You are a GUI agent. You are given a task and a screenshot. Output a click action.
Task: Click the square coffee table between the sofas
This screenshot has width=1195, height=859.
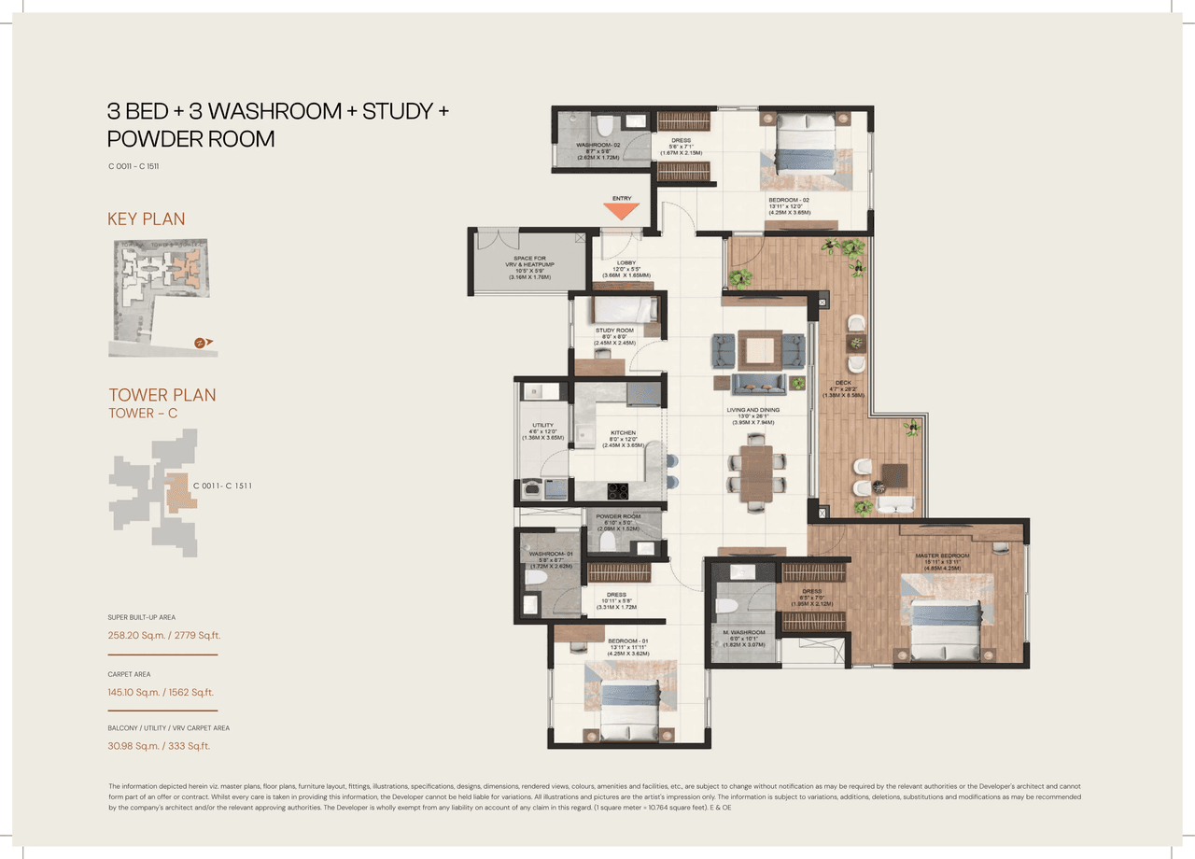click(757, 350)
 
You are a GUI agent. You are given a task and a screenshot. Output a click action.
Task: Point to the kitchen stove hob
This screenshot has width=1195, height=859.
click(619, 489)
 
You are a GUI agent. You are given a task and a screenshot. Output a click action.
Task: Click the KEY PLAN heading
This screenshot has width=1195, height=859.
click(147, 218)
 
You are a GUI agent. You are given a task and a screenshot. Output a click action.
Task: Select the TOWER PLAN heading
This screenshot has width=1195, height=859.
click(162, 395)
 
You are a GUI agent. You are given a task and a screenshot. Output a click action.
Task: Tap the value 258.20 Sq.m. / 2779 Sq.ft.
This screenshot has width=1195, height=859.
click(163, 636)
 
